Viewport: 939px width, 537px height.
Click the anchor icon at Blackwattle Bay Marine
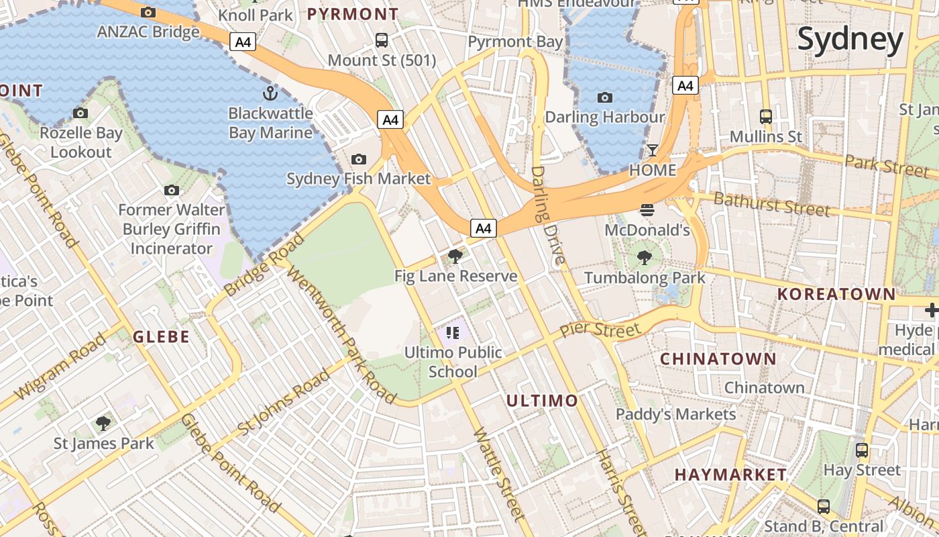click(x=270, y=93)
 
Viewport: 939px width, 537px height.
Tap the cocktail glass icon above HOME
click(x=652, y=149)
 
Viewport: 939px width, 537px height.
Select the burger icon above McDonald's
click(x=647, y=209)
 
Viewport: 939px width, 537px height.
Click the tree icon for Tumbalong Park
click(x=645, y=256)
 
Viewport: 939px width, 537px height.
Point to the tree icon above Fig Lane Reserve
click(x=455, y=256)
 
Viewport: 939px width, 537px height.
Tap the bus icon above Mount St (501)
click(x=382, y=40)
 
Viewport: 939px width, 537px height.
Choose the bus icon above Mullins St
click(x=766, y=116)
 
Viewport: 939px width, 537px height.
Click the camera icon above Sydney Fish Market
click(x=359, y=159)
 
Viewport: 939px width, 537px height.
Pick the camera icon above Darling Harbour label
click(x=605, y=97)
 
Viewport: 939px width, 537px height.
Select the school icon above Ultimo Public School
click(x=453, y=332)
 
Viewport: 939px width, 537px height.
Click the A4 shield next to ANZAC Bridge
click(x=243, y=42)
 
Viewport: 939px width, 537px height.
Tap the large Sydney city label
click(x=850, y=40)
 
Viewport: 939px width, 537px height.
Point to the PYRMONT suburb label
click(x=353, y=13)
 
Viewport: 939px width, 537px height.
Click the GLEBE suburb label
click(x=161, y=336)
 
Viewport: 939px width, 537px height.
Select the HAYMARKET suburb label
click(x=730, y=475)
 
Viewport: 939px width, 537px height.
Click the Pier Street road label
click(x=600, y=329)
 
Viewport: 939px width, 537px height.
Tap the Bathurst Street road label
click(x=771, y=203)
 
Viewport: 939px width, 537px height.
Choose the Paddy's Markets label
click(x=675, y=414)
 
